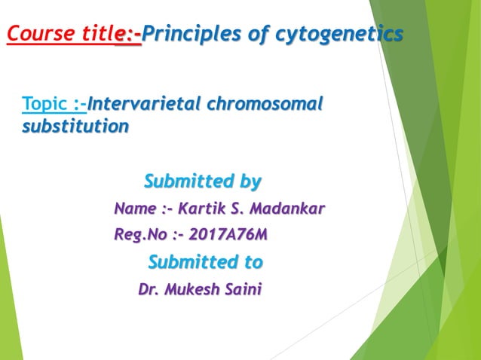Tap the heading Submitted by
(x=202, y=182)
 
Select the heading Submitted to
(x=205, y=262)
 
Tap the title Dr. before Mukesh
(x=149, y=289)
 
